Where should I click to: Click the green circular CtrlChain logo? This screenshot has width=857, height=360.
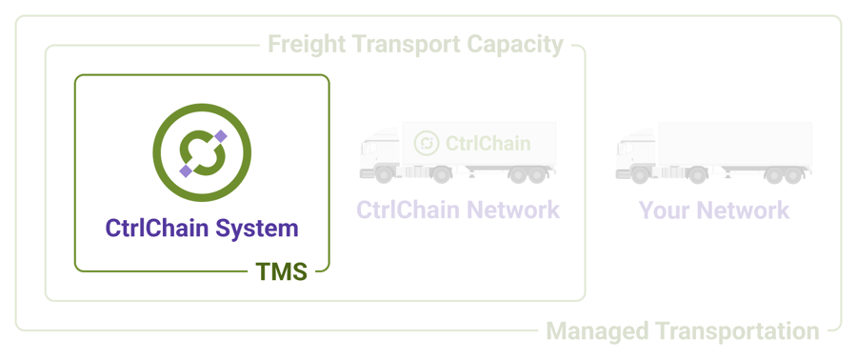(202, 153)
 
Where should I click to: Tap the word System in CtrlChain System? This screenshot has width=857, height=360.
(257, 229)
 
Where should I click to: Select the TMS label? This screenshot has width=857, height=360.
(281, 272)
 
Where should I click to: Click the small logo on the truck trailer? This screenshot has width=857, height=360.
(427, 144)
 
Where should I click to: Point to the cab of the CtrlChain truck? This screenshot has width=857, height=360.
(379, 157)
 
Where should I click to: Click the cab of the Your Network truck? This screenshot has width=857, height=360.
(635, 157)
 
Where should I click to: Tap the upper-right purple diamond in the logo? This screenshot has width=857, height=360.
(221, 136)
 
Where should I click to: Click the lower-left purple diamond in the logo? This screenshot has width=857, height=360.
(185, 171)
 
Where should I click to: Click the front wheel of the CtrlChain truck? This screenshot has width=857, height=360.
(384, 175)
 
